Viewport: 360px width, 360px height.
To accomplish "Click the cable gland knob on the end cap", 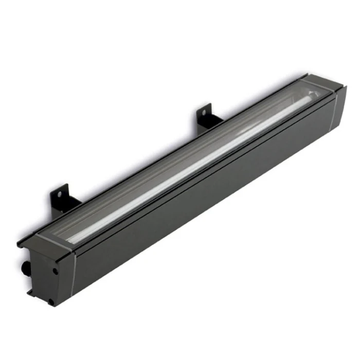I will pos(24,268).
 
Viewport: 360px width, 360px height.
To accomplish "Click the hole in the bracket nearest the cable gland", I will pos(59,194).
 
